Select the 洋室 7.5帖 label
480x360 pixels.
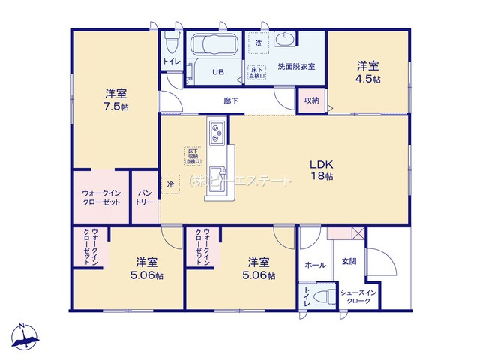pyautogui.click(x=115, y=100)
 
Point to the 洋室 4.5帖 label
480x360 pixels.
pyautogui.click(x=367, y=71)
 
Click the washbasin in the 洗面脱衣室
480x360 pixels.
pyautogui.click(x=286, y=41)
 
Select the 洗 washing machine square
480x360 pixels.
pyautogui.click(x=258, y=44)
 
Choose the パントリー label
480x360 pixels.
pyautogui.click(x=145, y=198)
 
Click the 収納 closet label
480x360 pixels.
pyautogui.click(x=311, y=100)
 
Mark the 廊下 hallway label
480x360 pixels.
pyautogui.click(x=231, y=100)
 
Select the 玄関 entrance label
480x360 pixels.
pyautogui.click(x=349, y=261)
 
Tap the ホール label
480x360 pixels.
pyautogui.click(x=316, y=265)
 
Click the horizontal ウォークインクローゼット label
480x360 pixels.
pyautogui.click(x=101, y=198)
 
